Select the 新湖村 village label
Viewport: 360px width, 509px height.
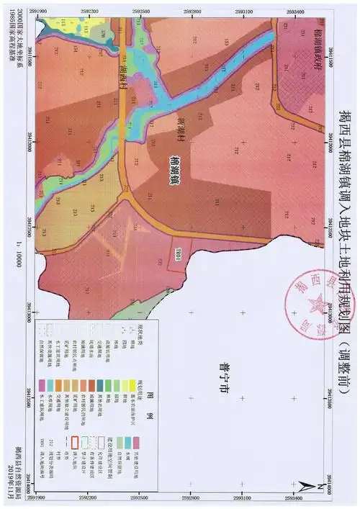pos(181,130)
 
